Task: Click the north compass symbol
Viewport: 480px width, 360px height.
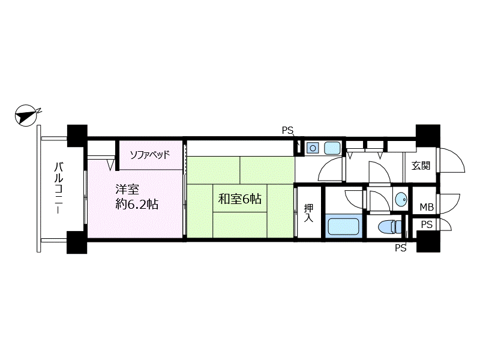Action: tap(26, 115)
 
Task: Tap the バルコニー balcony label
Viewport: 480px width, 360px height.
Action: tap(59, 188)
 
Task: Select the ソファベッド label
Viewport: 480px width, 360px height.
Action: tap(149, 155)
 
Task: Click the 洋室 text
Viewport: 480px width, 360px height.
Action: tap(127, 190)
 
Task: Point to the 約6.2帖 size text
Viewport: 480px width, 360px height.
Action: tap(137, 204)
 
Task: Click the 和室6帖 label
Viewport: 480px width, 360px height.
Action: tap(239, 199)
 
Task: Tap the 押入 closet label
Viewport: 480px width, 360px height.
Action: tap(308, 213)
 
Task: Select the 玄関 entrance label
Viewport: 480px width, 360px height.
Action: tap(421, 166)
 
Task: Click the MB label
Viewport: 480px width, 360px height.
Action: tap(427, 207)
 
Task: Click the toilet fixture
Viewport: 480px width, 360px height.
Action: tap(389, 227)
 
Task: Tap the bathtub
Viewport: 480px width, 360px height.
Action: tap(343, 227)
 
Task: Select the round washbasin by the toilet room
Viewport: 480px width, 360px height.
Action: tap(401, 200)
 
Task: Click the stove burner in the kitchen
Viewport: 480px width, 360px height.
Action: tap(313, 148)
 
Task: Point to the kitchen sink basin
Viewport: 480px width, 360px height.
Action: tap(332, 148)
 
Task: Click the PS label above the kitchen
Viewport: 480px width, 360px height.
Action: tap(287, 131)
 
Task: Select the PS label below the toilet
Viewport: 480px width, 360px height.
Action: tap(400, 248)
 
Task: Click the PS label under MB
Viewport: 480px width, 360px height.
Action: tap(427, 224)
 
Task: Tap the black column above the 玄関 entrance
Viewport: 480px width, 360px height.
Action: tap(428, 136)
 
